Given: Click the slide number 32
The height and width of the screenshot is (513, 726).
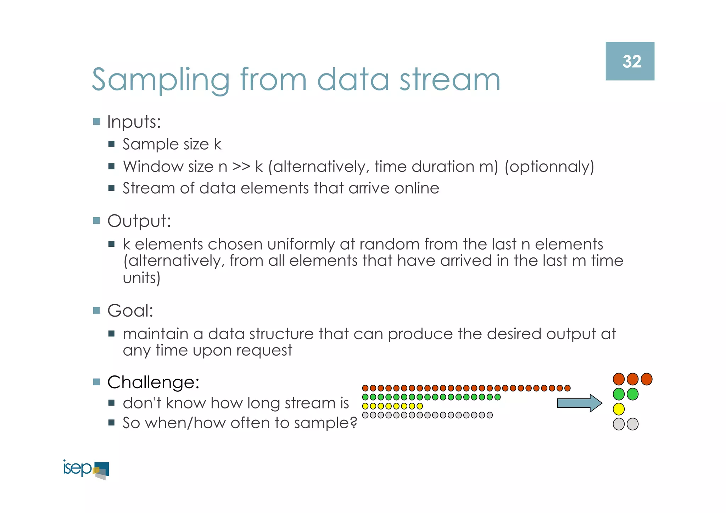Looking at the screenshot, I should [x=632, y=62].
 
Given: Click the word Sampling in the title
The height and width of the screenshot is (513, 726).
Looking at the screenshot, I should [x=161, y=80].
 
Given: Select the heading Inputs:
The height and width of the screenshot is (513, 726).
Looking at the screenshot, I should [x=134, y=122].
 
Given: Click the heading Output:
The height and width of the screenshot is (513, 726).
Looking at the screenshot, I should [x=139, y=221].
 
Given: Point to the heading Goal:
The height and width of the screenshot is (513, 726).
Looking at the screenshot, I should [x=130, y=311].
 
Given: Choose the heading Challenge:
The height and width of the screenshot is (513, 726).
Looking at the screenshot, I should [x=153, y=382].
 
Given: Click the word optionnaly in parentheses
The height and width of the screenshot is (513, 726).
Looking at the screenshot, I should [x=549, y=167].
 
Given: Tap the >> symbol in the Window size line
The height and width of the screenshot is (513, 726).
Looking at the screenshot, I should [x=241, y=167].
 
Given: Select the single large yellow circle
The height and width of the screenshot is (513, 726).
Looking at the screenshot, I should [x=618, y=409].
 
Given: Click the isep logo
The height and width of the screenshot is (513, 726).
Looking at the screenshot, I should [x=86, y=469].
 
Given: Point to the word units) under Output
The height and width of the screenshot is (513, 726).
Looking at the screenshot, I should [x=141, y=278].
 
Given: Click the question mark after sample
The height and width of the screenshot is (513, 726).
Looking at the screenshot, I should [x=353, y=423].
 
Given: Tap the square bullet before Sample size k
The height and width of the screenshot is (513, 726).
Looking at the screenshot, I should [x=111, y=144].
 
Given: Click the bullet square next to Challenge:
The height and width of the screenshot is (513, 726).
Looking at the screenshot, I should [x=96, y=382].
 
